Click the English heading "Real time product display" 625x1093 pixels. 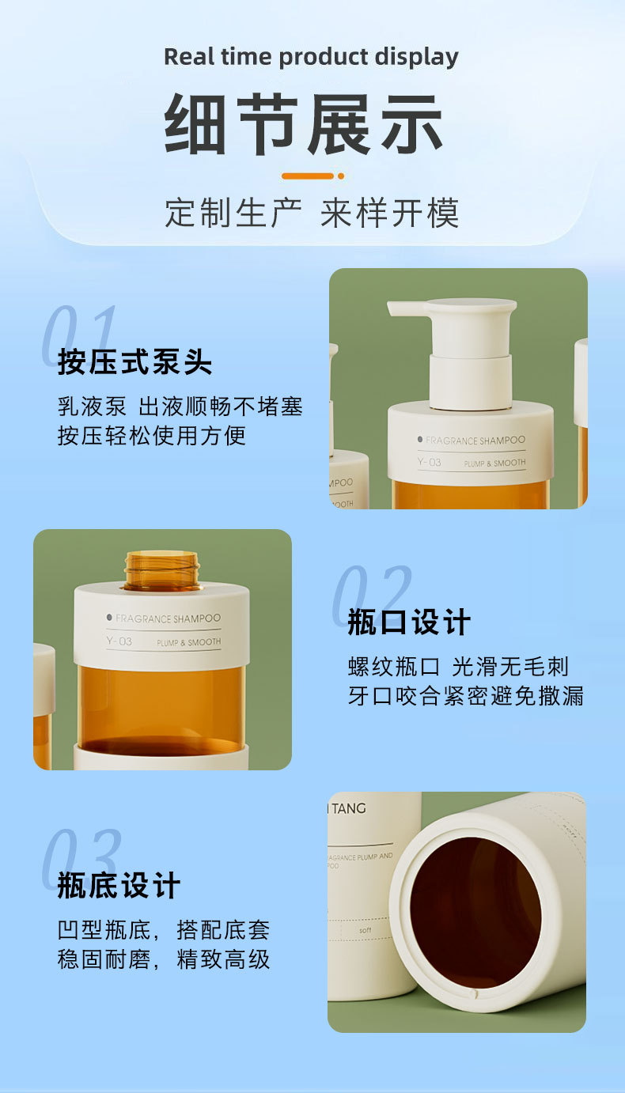[x=311, y=57]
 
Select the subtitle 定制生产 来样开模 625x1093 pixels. [x=312, y=214]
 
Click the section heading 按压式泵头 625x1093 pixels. [x=134, y=362]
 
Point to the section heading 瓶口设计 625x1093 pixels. [x=409, y=622]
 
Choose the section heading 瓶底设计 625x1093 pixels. [x=119, y=886]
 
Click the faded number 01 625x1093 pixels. [x=79, y=336]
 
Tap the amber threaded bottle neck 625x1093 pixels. [x=161, y=571]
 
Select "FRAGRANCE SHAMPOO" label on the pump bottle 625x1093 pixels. [x=475, y=440]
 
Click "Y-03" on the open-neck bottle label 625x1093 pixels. [x=119, y=641]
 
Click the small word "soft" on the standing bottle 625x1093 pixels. [x=365, y=930]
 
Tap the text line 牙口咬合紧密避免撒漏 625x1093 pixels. [x=466, y=695]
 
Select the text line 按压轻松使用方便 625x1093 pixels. [x=152, y=435]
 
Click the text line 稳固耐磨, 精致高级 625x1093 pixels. [x=164, y=959]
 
